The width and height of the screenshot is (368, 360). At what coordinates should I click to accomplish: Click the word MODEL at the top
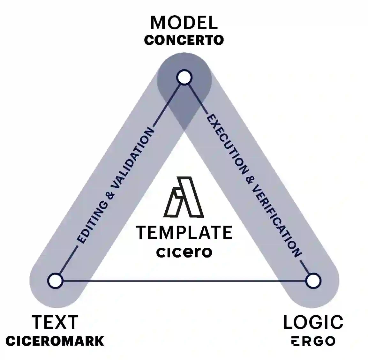(184, 23)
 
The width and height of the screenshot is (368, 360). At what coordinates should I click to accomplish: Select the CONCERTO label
(184, 40)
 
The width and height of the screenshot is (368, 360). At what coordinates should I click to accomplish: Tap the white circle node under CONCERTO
(184, 78)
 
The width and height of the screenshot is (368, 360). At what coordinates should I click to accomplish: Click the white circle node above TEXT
(55, 281)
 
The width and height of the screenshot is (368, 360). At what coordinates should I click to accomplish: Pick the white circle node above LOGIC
(313, 281)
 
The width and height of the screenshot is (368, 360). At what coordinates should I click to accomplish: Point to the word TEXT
(55, 322)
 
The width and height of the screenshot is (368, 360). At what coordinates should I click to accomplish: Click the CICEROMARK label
(55, 341)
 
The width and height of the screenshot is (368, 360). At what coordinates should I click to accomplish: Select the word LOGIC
(313, 322)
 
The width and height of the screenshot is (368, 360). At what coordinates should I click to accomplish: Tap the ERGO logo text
(313, 341)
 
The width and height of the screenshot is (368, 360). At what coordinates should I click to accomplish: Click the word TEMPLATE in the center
(184, 232)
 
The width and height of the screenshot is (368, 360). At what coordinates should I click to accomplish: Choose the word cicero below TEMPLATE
(184, 252)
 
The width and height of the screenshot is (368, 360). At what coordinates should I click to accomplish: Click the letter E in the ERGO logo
(295, 341)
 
